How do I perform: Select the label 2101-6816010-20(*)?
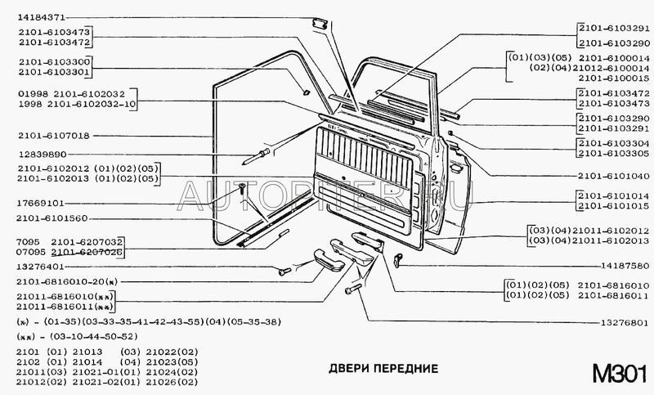coord(62,281)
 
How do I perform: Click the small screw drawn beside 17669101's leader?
coord(243,189)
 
